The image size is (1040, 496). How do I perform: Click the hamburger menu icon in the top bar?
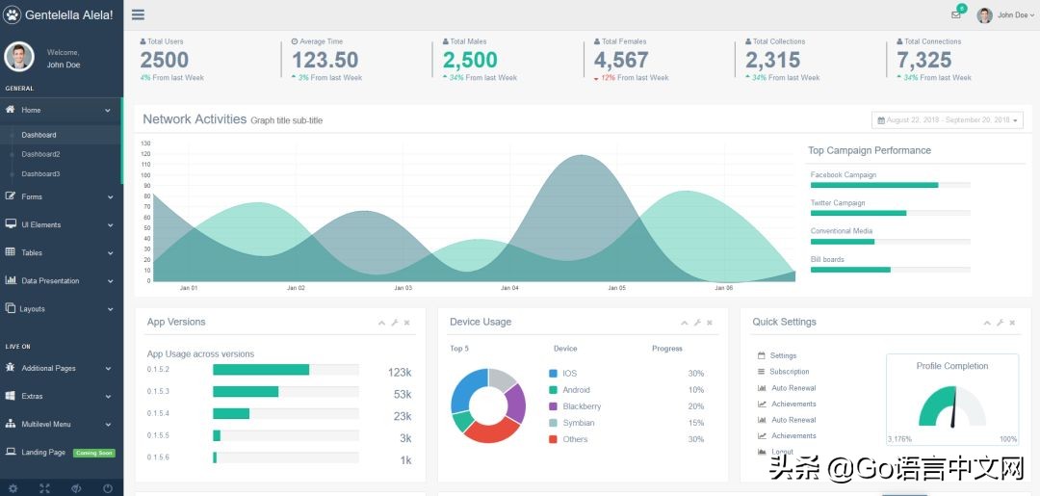(139, 14)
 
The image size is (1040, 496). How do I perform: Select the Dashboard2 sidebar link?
(40, 154)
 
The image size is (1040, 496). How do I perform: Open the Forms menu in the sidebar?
(32, 196)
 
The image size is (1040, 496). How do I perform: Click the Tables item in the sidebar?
(32, 252)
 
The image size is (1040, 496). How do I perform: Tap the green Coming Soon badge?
(94, 453)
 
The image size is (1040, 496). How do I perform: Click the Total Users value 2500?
(164, 60)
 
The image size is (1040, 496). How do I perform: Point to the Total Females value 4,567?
(621, 60)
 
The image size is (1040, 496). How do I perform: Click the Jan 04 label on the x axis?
(509, 288)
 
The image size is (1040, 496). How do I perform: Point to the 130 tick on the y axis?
(145, 144)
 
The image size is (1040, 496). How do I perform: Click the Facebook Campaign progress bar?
(874, 185)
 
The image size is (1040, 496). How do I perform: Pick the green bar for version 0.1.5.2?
(261, 370)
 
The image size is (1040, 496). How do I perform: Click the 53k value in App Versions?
(403, 394)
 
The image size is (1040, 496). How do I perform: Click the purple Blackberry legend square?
(553, 406)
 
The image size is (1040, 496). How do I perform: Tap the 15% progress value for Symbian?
(695, 423)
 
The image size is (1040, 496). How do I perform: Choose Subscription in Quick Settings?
(790, 372)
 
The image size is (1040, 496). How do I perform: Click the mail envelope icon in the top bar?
(955, 14)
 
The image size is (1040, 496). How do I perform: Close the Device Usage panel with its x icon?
(710, 323)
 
